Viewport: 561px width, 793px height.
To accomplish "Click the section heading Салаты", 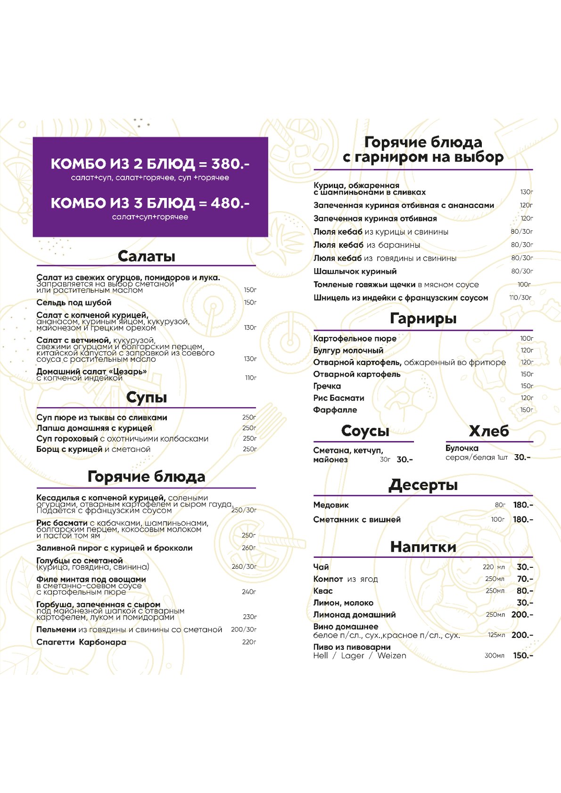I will (x=146, y=256).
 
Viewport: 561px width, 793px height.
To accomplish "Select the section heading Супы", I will (x=146, y=398).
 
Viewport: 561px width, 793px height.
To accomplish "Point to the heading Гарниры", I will (x=423, y=319).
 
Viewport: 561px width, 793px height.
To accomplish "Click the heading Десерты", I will (x=423, y=485).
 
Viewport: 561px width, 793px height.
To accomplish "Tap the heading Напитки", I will (x=423, y=547).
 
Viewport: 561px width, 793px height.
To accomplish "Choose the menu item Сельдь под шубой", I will (x=74, y=302).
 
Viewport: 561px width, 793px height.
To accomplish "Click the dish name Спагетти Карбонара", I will (x=81, y=642).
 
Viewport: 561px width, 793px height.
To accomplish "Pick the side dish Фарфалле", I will (x=335, y=410).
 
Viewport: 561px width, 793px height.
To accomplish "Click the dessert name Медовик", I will (x=331, y=505).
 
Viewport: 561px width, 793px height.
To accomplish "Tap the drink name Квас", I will (x=323, y=591).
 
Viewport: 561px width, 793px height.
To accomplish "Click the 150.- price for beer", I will (x=523, y=655).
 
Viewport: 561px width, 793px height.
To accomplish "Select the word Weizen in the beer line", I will (x=391, y=655).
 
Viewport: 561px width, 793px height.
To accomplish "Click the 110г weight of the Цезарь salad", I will (x=251, y=378).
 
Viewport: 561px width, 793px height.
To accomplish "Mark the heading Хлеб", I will (x=489, y=431).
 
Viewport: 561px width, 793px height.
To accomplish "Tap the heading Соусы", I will (x=365, y=431).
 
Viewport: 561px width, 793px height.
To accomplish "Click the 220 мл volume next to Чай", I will (x=494, y=567).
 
